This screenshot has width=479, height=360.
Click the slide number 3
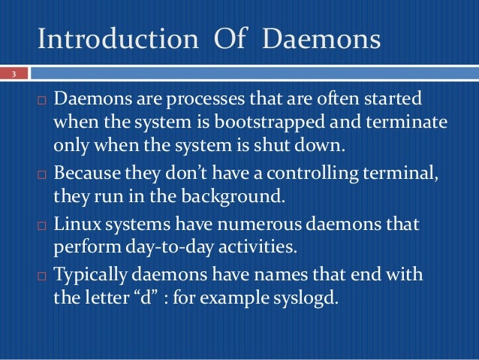(13, 74)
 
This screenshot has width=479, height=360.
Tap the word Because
(86, 177)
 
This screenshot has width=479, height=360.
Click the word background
(227, 198)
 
